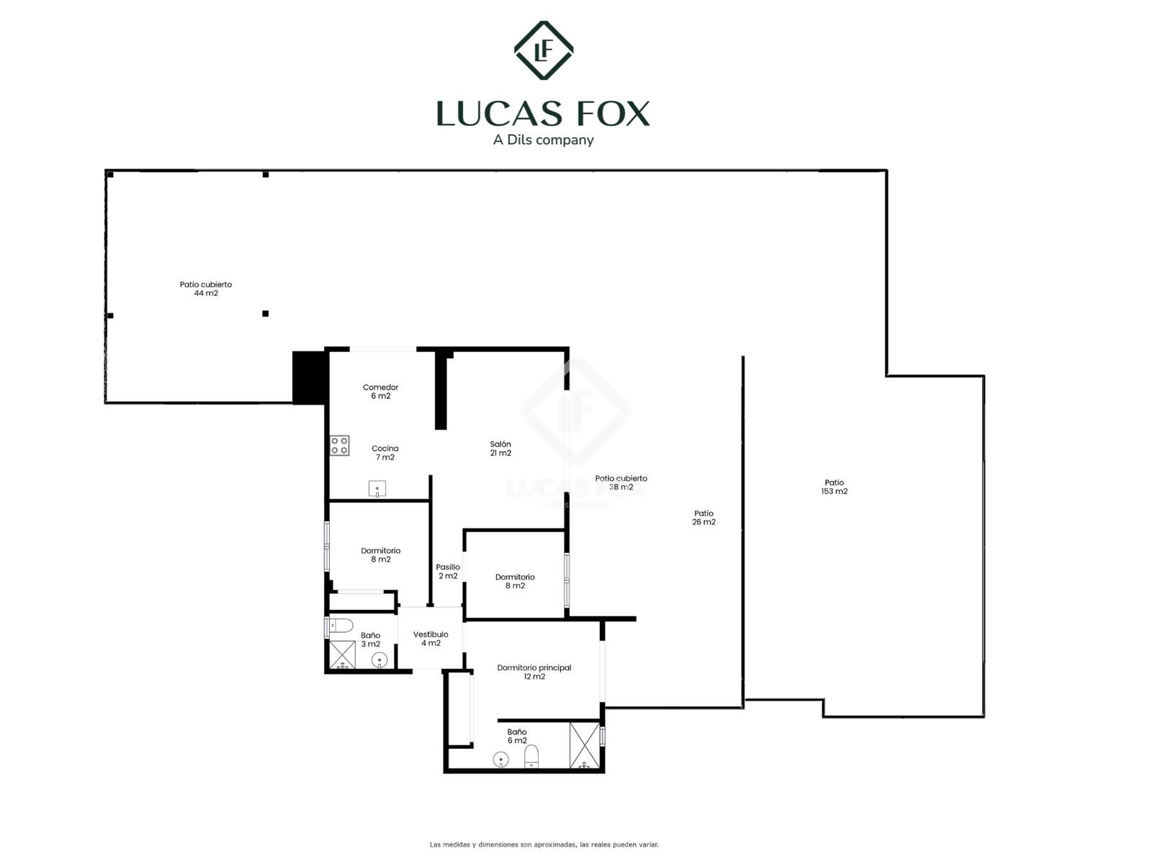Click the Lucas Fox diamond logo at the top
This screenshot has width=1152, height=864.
[543, 50]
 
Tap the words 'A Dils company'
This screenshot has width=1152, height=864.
[543, 140]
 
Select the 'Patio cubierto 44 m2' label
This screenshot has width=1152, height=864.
[206, 289]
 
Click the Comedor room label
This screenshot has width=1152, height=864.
[380, 392]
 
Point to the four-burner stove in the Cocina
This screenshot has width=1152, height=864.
[340, 446]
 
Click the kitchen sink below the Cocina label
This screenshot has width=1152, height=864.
[377, 489]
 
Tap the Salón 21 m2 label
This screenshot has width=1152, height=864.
[500, 449]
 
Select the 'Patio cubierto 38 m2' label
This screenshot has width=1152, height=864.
[621, 482]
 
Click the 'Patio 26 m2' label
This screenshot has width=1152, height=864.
[703, 517]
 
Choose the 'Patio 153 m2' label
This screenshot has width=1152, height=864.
[834, 487]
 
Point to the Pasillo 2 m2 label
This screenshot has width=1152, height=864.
[448, 571]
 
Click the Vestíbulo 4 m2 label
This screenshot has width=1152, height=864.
[431, 639]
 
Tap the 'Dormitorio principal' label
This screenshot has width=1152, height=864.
[534, 668]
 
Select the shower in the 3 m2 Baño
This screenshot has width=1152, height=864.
[342, 654]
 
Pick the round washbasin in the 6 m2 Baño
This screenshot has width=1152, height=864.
[500, 759]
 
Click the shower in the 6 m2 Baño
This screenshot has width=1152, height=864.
[584, 745]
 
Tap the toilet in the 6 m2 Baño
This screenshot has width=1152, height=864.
[531, 757]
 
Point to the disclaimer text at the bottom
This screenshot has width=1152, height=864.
[544, 845]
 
